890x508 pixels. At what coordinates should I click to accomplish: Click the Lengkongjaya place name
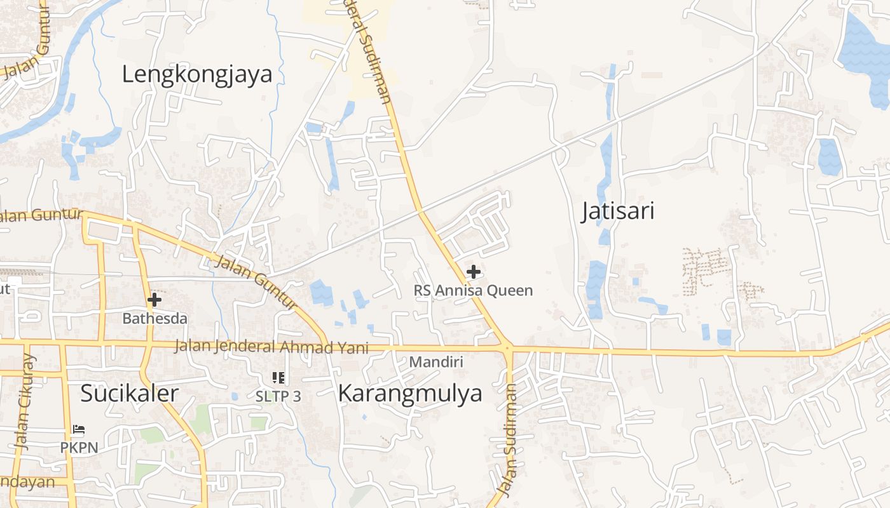pos(197,74)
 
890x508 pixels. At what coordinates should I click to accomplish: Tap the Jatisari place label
pos(618,211)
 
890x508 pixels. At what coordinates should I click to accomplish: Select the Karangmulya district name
pos(410,394)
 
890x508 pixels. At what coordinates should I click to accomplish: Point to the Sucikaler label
pos(129,393)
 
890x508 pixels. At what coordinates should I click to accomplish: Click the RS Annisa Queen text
pos(473,291)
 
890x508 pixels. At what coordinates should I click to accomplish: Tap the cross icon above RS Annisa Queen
pos(473,272)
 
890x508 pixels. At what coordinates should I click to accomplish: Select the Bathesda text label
pos(154,318)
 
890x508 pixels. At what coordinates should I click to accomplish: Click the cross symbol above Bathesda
pos(154,300)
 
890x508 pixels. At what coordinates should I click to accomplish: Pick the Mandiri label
pos(436,362)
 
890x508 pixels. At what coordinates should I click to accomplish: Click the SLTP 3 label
pos(278,396)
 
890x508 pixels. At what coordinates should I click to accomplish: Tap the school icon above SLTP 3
pos(278,378)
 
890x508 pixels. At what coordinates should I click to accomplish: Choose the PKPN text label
pos(79,448)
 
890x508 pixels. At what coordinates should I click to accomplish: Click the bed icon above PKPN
pos(79,430)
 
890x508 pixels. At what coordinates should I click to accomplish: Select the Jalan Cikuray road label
pos(25,403)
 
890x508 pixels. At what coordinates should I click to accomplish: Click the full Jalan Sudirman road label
pos(509,439)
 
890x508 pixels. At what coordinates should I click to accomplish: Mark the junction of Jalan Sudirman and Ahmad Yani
pos(507,347)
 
